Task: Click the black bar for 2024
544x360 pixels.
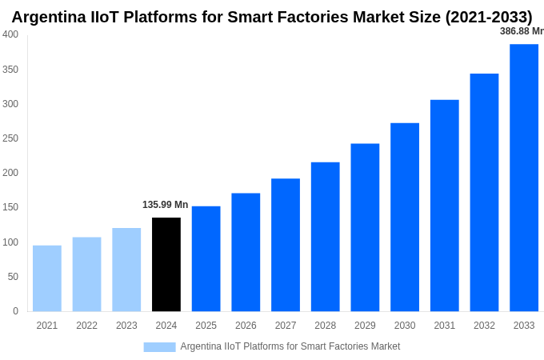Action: point(166,264)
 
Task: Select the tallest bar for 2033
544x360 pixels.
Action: point(524,178)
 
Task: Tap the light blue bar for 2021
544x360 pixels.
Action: point(47,278)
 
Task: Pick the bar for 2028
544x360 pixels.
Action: point(326,237)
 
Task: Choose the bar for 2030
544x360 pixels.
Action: point(405,217)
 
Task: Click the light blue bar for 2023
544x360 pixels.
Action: point(126,270)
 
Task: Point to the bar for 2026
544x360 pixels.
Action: point(246,252)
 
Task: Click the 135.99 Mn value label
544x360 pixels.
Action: point(166,205)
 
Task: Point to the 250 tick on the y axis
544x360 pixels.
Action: point(10,138)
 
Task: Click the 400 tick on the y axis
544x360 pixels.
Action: point(10,34)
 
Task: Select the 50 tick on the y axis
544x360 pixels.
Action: point(13,277)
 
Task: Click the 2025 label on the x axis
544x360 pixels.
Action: point(206,326)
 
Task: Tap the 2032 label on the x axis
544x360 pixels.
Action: point(484,326)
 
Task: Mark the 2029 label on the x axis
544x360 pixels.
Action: point(365,326)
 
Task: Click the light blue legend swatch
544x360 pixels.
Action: point(159,346)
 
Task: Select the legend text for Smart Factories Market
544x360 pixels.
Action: point(290,346)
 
